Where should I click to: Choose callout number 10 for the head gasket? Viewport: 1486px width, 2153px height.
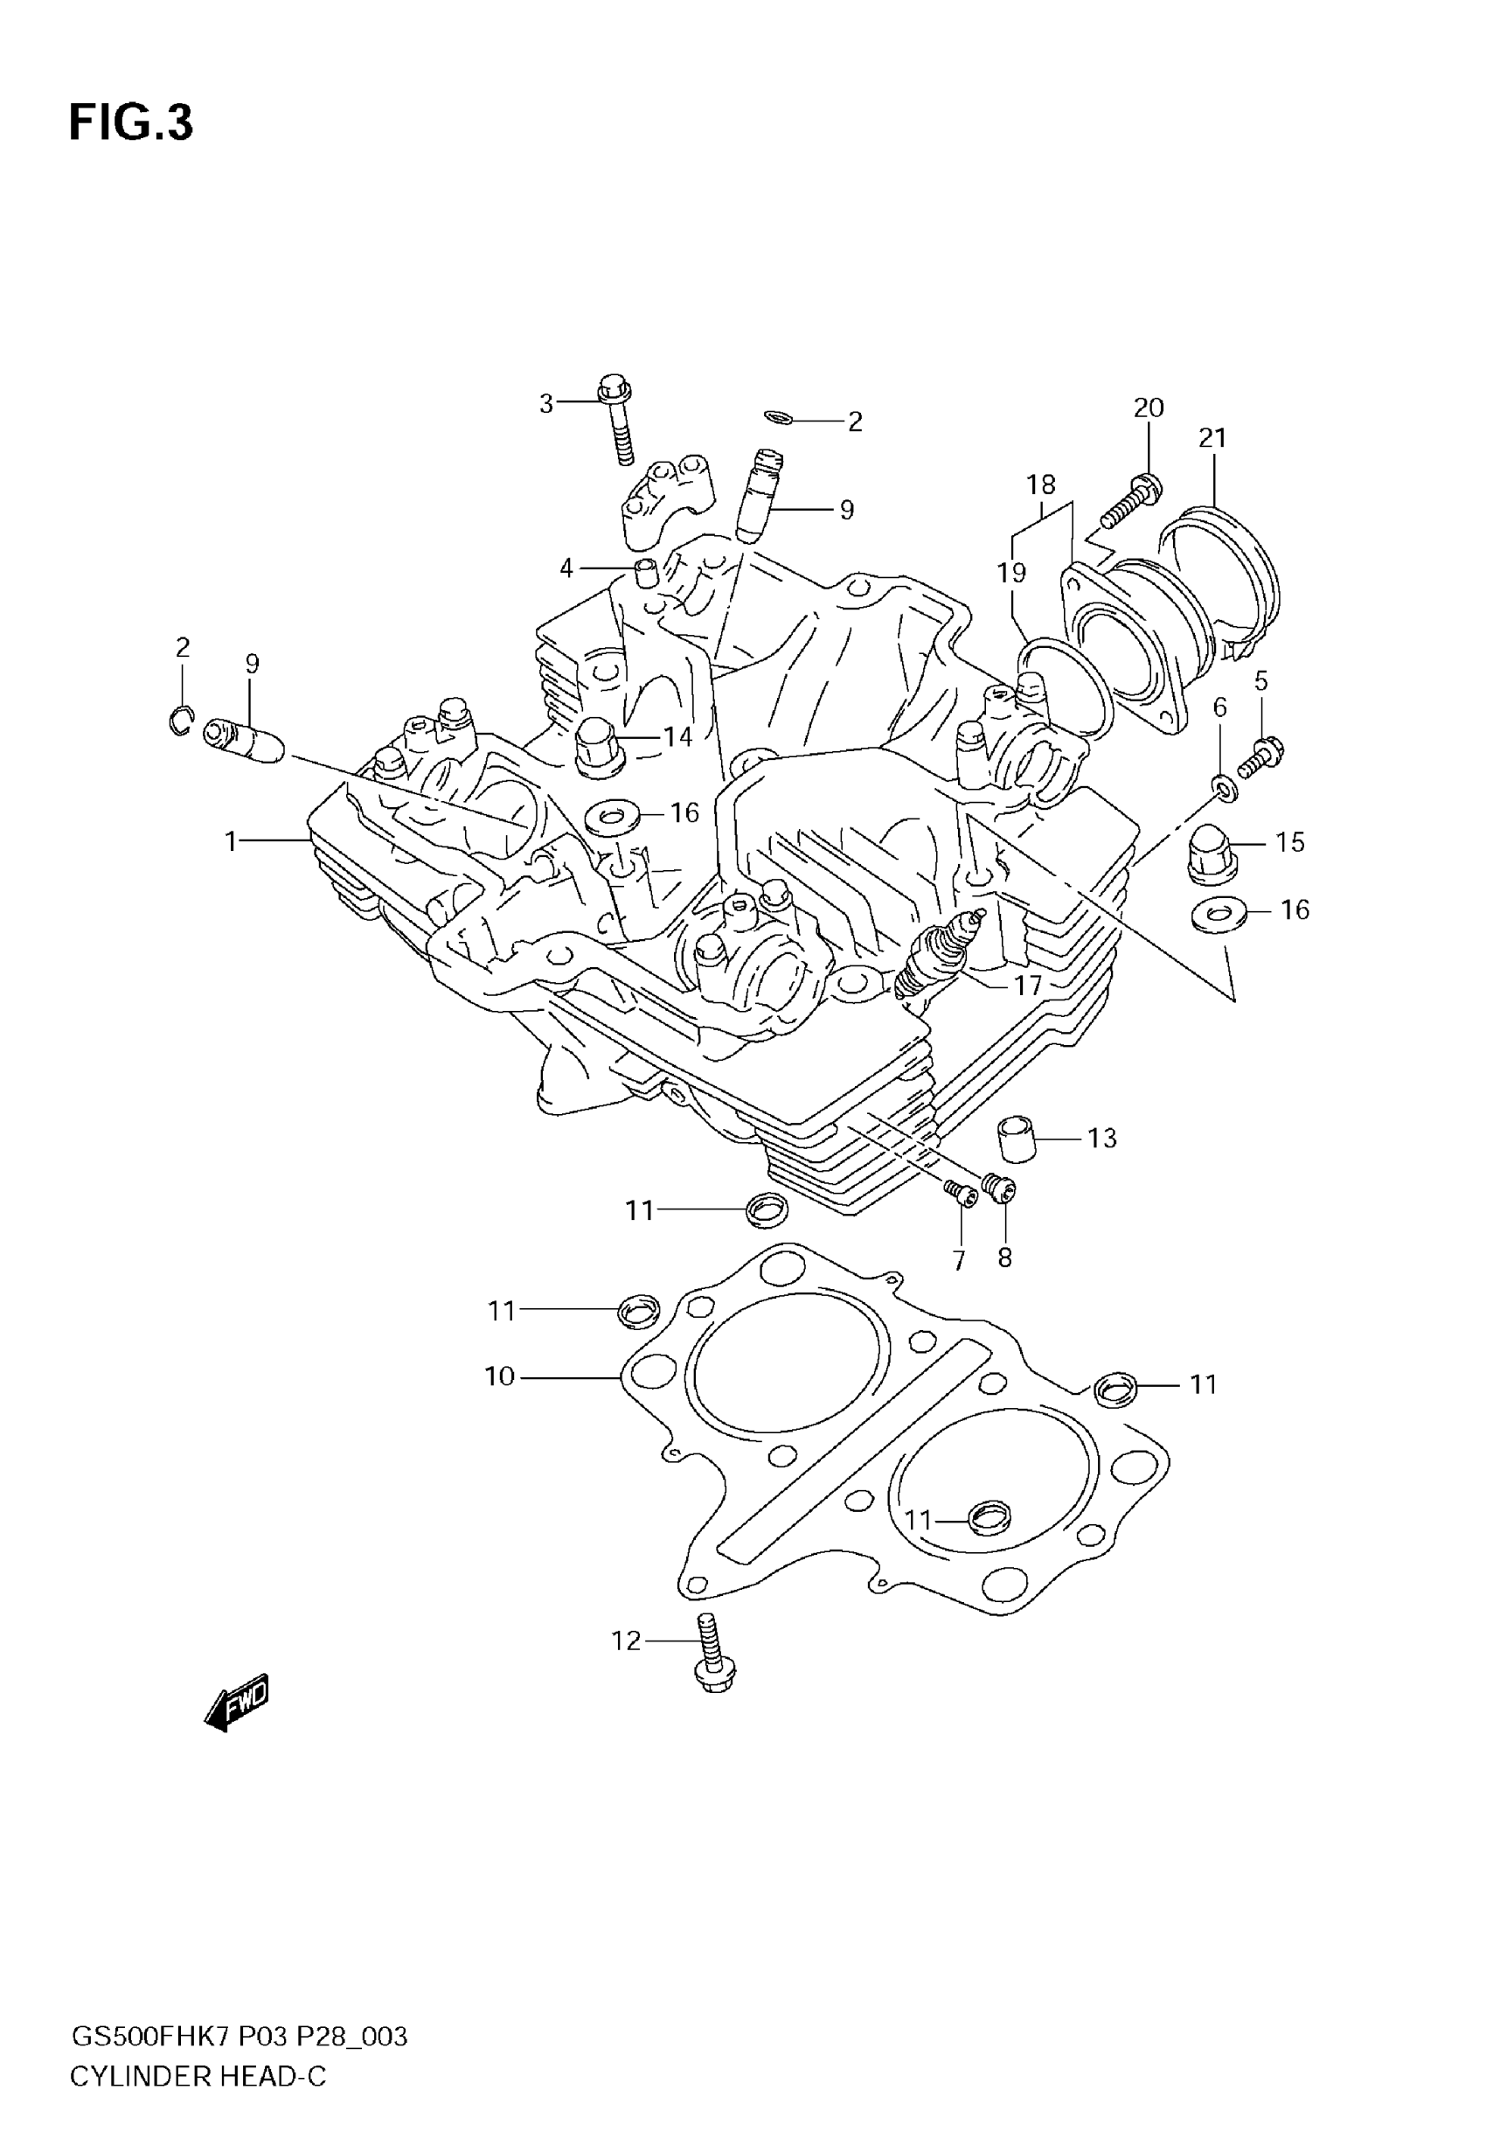[x=499, y=1376]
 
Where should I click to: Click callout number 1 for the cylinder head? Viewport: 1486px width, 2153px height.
[x=231, y=841]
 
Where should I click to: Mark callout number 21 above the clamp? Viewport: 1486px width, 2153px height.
[x=1212, y=436]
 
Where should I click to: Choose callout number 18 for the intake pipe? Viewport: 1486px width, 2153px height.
[x=1041, y=484]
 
